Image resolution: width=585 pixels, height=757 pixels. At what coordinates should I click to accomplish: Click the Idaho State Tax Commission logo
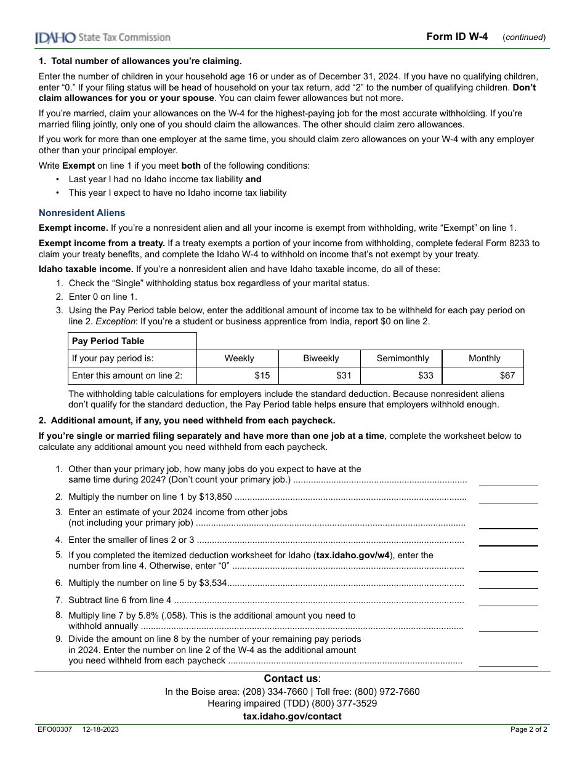point(102,38)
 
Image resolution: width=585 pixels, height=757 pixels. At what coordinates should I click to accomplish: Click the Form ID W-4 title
point(457,36)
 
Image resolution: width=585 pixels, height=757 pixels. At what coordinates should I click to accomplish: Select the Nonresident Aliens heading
point(82,213)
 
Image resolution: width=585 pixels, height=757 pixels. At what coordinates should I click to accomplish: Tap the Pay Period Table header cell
point(108,341)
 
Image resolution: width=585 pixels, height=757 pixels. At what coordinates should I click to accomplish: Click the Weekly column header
point(239,358)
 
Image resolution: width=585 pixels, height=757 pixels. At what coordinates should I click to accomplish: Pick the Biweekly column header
point(321,358)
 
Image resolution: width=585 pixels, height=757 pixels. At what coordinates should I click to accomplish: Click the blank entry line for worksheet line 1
point(508,481)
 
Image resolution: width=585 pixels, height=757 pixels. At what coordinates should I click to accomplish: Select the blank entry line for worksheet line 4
point(508,540)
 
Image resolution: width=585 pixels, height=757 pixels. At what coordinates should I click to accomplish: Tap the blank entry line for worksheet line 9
point(508,661)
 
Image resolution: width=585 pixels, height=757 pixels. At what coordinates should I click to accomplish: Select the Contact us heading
point(292,678)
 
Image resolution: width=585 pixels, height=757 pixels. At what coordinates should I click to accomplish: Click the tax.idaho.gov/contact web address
point(292,716)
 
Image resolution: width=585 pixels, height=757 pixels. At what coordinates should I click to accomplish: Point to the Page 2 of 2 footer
point(528,730)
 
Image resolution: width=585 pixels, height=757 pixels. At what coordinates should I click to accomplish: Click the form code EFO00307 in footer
point(55,730)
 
